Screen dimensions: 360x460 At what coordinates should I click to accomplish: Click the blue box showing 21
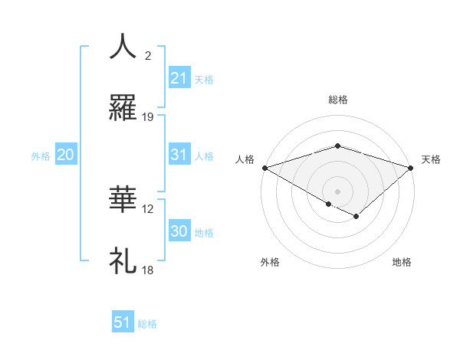[x=179, y=78]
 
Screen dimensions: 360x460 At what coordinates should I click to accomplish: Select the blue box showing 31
[x=179, y=155]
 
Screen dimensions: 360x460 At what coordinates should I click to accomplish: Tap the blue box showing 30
[x=179, y=231]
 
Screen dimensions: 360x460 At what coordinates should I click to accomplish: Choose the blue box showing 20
[x=65, y=155]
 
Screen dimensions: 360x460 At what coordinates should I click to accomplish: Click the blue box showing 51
[x=123, y=322]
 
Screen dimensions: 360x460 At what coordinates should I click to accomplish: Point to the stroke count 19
[x=148, y=117]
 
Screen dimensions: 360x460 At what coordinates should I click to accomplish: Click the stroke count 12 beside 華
[x=148, y=208]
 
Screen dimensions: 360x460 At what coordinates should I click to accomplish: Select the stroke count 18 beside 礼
[x=148, y=270]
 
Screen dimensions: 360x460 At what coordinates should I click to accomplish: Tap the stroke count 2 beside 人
[x=147, y=56]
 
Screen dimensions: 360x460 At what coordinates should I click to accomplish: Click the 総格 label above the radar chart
[x=337, y=100]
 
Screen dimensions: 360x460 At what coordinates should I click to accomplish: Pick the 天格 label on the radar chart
[x=432, y=159]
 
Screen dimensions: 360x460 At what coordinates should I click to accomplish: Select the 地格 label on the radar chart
[x=402, y=262]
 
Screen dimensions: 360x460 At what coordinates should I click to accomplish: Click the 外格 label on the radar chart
[x=270, y=262]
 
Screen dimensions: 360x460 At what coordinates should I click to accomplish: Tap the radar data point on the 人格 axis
[x=264, y=167]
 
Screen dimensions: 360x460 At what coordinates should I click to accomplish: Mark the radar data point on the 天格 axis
[x=411, y=167]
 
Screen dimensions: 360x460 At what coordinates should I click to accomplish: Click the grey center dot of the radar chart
[x=337, y=191]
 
